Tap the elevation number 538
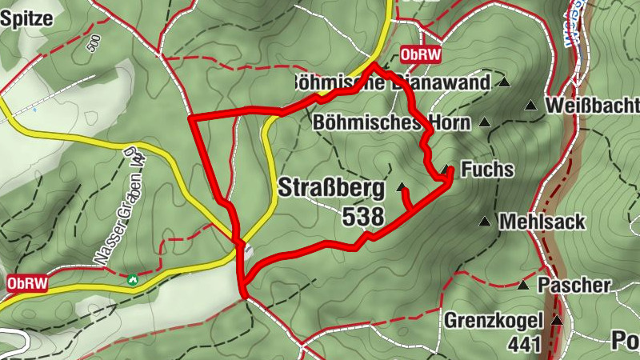point(363,216)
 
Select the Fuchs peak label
point(487,170)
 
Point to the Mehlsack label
point(542,222)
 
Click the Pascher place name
point(574,285)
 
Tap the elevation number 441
point(525,345)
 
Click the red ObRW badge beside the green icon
point(27,283)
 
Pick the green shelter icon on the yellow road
point(133,280)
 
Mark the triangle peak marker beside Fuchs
point(446,169)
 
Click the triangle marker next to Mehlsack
point(484,221)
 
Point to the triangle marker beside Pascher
point(523,285)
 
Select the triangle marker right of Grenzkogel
point(557,321)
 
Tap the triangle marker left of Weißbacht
point(530,105)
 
